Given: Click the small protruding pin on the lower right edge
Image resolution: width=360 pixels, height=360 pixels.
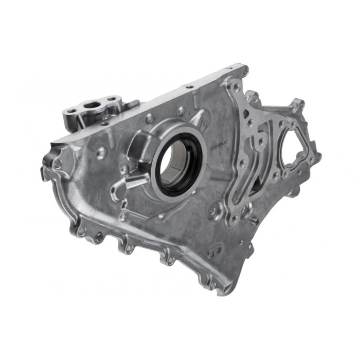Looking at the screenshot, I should point(254,221).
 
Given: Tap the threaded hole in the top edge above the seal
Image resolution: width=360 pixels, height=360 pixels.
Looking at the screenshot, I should point(189,87).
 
